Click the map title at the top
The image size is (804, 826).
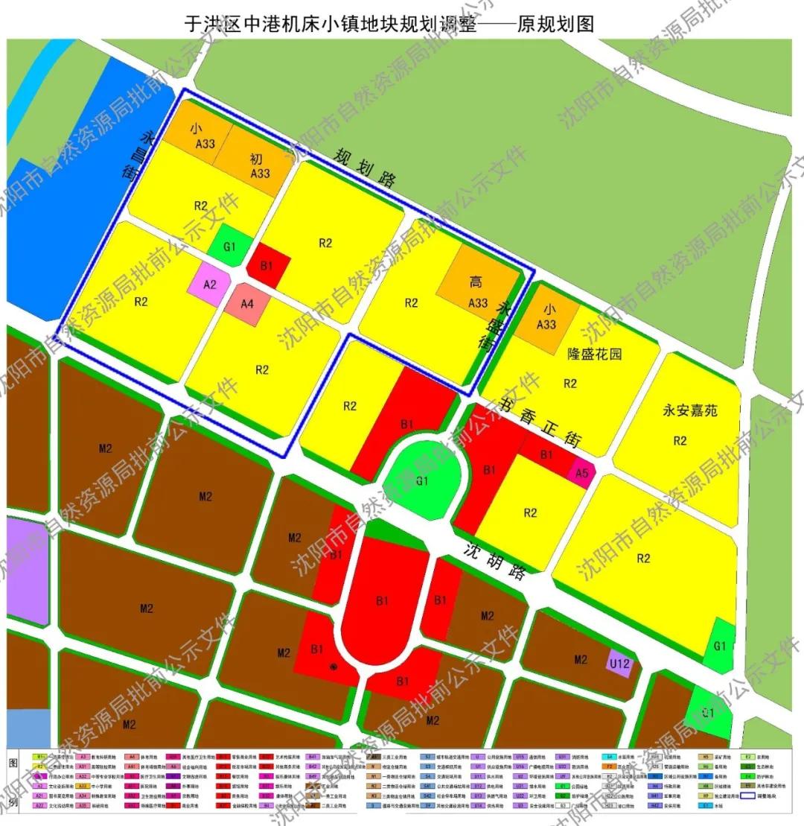389,25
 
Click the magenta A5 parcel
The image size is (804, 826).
582,471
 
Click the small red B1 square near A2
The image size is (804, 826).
267,266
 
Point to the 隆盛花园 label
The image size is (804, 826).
594,354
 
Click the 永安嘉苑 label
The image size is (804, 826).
689,410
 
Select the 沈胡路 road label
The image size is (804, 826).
494,561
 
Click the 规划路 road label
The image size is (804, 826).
365,168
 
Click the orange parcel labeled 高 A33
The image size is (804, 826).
477,290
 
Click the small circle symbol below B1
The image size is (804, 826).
333,667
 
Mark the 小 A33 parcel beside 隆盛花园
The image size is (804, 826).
546,317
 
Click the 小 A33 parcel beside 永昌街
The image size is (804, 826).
195,134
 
